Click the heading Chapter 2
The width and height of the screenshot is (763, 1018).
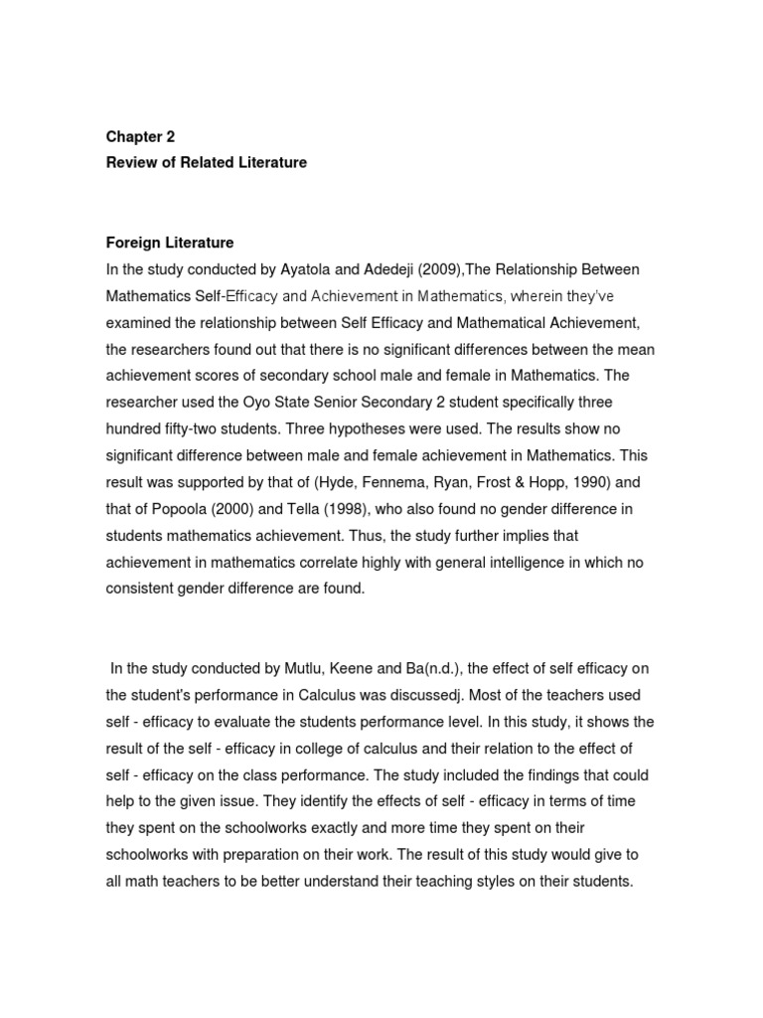[140, 137]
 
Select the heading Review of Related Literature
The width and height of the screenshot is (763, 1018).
[206, 162]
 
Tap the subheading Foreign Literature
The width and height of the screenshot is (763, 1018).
[169, 242]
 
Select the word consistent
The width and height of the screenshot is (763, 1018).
[142, 589]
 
